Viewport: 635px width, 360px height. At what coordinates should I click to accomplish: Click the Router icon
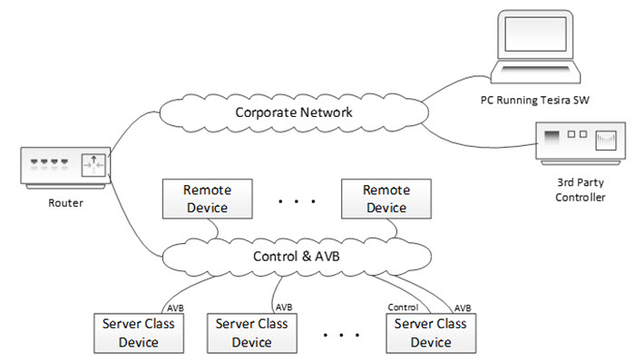(63, 167)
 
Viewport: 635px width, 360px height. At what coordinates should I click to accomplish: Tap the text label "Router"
(63, 203)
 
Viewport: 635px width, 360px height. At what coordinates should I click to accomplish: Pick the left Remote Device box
(207, 199)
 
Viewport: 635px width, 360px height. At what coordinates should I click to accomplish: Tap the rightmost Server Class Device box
(431, 333)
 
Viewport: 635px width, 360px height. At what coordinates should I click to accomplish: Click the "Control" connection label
(403, 307)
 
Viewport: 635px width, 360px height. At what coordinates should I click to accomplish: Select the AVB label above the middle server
(284, 307)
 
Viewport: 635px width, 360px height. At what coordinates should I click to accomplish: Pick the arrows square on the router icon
(93, 167)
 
